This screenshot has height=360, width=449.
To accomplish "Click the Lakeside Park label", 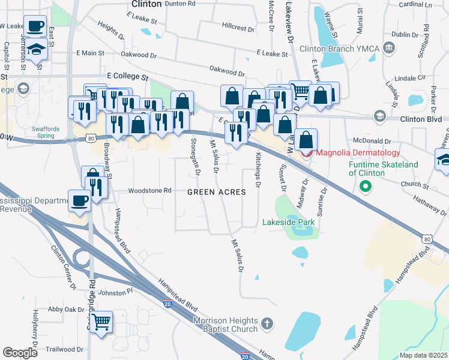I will point(289,222).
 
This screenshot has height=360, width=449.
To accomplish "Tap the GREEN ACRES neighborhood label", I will point(217,192).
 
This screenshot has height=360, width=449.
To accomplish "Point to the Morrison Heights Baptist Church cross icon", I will point(268,325).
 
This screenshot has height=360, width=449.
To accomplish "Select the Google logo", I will point(20,353).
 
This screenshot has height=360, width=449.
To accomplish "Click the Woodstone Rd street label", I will point(146,191).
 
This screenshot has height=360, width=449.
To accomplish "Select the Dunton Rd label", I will point(180,4).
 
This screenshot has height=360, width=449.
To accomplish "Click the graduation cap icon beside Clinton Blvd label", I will point(379,115).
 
